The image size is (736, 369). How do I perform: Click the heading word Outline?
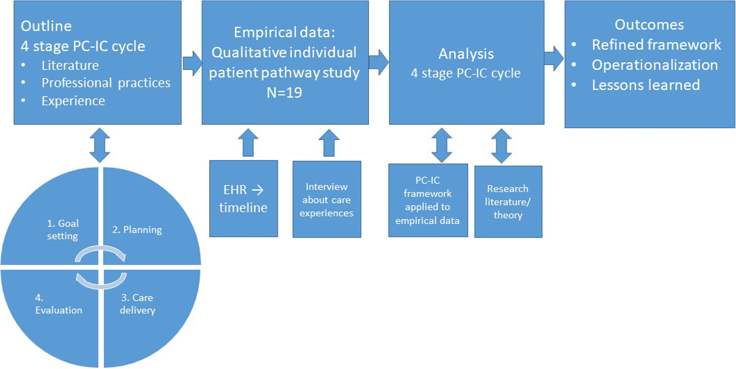tap(46, 26)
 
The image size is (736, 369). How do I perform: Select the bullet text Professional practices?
tap(106, 83)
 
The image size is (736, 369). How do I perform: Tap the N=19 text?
tap(284, 92)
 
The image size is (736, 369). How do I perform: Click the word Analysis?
tap(466, 54)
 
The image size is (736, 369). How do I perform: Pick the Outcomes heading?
tap(649, 25)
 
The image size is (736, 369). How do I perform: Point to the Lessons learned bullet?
tap(646, 85)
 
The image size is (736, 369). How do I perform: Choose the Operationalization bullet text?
tap(655, 65)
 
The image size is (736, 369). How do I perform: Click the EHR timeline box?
tap(244, 199)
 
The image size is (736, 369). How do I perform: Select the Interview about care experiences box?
tap(327, 199)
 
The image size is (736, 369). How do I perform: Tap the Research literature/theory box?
tap(508, 202)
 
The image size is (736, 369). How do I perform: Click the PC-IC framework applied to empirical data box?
tap(428, 200)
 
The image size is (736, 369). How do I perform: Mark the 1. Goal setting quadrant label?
tap(62, 229)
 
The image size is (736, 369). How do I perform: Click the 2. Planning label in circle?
tap(137, 230)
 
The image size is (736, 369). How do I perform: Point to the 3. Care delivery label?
tap(137, 304)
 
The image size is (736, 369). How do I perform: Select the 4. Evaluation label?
tap(58, 304)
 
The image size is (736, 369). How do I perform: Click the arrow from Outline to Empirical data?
tap(192, 63)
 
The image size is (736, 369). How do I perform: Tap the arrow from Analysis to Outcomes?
tap(554, 59)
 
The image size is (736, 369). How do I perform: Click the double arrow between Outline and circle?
tap(99, 145)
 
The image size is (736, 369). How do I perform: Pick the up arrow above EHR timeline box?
tap(248, 143)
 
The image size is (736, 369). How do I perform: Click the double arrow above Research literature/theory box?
tap(502, 146)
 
